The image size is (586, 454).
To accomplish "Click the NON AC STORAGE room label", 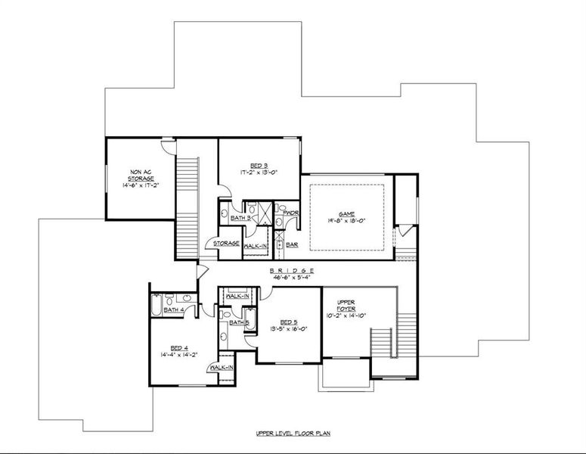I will click(x=141, y=175).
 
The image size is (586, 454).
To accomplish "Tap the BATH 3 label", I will click(x=241, y=218).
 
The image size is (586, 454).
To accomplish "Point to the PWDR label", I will click(x=291, y=213).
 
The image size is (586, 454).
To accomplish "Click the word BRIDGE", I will click(x=291, y=271).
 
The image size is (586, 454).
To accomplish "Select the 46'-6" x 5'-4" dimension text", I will click(x=292, y=278).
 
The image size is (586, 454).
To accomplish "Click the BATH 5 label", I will click(x=240, y=323).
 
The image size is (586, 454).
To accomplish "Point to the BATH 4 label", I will click(x=175, y=309).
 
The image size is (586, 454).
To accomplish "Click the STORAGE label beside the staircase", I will click(x=226, y=244).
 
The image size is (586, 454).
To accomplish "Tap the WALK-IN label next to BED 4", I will click(x=222, y=368).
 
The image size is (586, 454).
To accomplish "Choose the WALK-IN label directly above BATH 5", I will click(x=237, y=297).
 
